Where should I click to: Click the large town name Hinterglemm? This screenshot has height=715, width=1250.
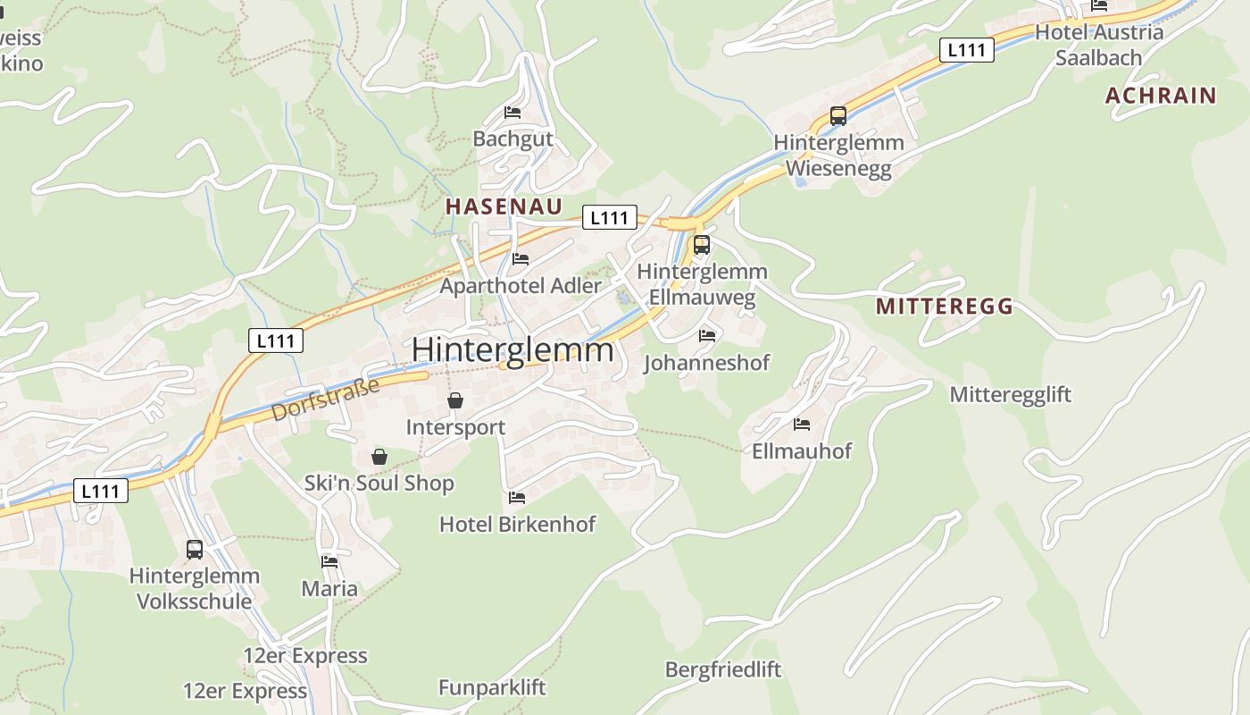512,349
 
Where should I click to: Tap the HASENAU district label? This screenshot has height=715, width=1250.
504,206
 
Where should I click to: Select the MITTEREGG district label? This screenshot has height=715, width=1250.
945,307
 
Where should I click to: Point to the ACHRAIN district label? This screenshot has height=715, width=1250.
1161,96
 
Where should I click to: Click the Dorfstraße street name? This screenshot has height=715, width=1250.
325,400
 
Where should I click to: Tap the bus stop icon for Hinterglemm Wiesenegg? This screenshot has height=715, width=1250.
837,116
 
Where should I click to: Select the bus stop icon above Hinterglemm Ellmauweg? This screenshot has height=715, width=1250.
702,245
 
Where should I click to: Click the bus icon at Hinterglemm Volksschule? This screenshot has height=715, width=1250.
195,550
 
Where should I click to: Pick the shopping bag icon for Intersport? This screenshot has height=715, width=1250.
455,400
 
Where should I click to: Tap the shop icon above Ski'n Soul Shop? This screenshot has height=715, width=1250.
379,457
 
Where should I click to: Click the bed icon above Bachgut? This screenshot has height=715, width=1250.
512,113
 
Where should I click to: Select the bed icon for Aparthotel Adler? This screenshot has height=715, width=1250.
521,259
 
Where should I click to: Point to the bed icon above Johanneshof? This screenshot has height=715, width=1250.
707,336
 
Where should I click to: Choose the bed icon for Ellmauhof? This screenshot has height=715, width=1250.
802,425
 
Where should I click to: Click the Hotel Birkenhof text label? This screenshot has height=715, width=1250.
517,524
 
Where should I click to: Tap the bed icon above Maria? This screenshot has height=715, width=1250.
329,562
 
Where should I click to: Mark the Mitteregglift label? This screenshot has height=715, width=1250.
1010,394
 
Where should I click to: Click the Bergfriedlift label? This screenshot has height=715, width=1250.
722,669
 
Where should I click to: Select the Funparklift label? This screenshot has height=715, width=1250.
491,687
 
